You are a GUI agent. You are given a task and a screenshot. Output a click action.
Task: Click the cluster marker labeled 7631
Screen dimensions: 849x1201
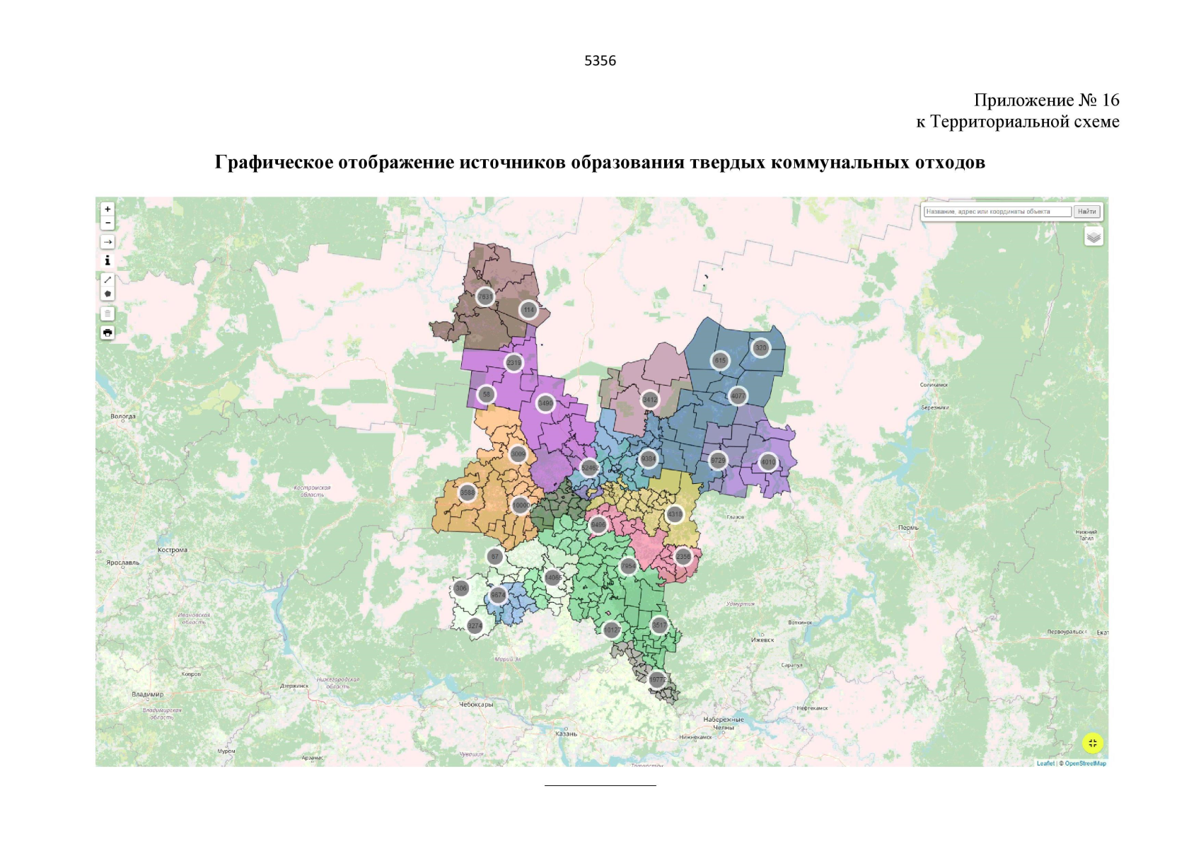pyautogui.click(x=485, y=296)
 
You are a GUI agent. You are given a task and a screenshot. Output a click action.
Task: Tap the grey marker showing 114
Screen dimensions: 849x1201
pyautogui.click(x=528, y=310)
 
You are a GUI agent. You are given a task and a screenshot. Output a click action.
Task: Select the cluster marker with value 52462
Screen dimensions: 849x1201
pyautogui.click(x=589, y=468)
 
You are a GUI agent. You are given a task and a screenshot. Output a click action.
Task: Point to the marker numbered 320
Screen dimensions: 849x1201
pyautogui.click(x=760, y=347)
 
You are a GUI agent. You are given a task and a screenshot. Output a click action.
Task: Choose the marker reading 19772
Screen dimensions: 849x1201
pyautogui.click(x=657, y=680)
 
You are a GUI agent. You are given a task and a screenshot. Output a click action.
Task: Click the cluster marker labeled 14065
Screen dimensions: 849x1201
pyautogui.click(x=553, y=577)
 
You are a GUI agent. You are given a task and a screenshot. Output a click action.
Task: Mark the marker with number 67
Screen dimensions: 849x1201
pyautogui.click(x=495, y=556)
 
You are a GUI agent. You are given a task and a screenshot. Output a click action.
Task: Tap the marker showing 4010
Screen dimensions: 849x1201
pyautogui.click(x=768, y=462)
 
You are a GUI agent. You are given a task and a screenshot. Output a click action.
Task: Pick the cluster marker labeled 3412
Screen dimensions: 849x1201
pyautogui.click(x=649, y=400)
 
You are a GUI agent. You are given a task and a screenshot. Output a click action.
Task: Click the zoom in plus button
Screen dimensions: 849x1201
pyautogui.click(x=108, y=209)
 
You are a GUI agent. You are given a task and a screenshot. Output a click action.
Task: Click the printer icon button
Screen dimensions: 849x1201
pyautogui.click(x=108, y=333)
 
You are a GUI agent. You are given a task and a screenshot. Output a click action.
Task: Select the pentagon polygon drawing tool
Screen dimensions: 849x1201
pyautogui.click(x=108, y=294)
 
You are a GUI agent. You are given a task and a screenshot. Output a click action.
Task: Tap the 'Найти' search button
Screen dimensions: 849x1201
pyautogui.click(x=1086, y=212)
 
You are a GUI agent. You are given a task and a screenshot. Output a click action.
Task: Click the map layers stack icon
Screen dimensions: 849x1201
pyautogui.click(x=1093, y=236)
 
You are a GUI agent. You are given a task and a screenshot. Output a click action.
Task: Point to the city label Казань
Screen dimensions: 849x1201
pyautogui.click(x=566, y=734)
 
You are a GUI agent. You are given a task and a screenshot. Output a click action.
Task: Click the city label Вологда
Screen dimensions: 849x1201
pyautogui.click(x=123, y=416)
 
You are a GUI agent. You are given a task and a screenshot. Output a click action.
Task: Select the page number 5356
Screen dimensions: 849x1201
pyautogui.click(x=600, y=61)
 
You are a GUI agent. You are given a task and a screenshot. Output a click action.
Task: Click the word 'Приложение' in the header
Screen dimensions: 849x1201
pyautogui.click(x=1023, y=100)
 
